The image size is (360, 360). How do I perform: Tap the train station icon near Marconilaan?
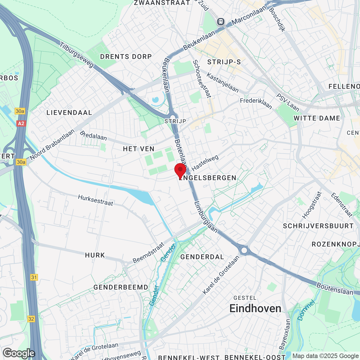coord(221,21)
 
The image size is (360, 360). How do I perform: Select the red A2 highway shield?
coord(21,123)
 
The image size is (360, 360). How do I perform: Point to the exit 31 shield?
coord(34,277)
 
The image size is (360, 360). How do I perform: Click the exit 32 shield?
coord(31,319)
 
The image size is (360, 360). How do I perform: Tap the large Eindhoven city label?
coord(255,309)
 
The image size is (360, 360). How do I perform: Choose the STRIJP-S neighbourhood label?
coord(224,62)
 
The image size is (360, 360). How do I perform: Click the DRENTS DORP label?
coord(126,57)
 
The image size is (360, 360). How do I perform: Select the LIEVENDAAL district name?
coord(69,112)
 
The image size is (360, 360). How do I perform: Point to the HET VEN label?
coord(139,149)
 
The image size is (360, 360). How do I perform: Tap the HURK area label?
coord(95,255)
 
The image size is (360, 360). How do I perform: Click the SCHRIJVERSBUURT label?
coord(318,226)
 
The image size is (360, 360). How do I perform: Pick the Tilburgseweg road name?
coord(77,55)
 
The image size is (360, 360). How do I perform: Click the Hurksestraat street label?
coord(96,200)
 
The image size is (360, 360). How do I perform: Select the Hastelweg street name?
coord(205,163)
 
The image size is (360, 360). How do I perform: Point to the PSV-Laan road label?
coord(288,102)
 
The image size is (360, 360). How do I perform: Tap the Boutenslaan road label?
coord(335,289)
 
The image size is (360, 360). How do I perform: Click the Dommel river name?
coord(306,310)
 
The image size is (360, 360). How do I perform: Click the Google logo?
coord(19,353)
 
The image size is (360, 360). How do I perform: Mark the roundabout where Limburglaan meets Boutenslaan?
coord(244,250)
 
